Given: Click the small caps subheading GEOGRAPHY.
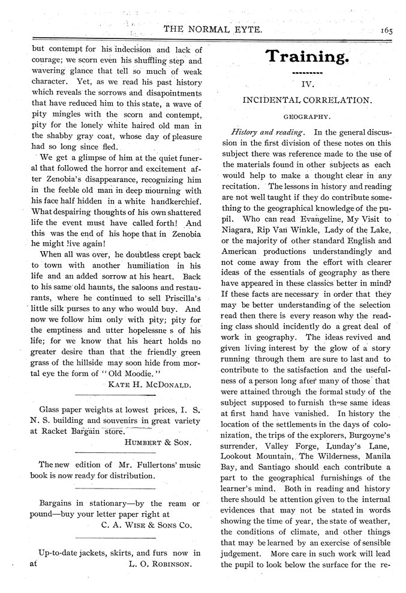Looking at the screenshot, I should [x=306, y=117].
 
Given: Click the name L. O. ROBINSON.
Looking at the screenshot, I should [x=160, y=564].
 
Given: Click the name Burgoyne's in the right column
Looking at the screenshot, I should [x=365, y=434].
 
